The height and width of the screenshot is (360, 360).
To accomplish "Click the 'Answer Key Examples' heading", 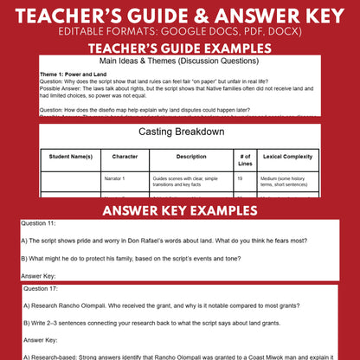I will [180, 211].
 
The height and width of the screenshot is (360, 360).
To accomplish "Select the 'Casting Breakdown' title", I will [179, 132].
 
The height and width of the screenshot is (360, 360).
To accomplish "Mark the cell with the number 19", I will [239, 178].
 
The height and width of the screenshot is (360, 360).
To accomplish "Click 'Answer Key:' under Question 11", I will [39, 275].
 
